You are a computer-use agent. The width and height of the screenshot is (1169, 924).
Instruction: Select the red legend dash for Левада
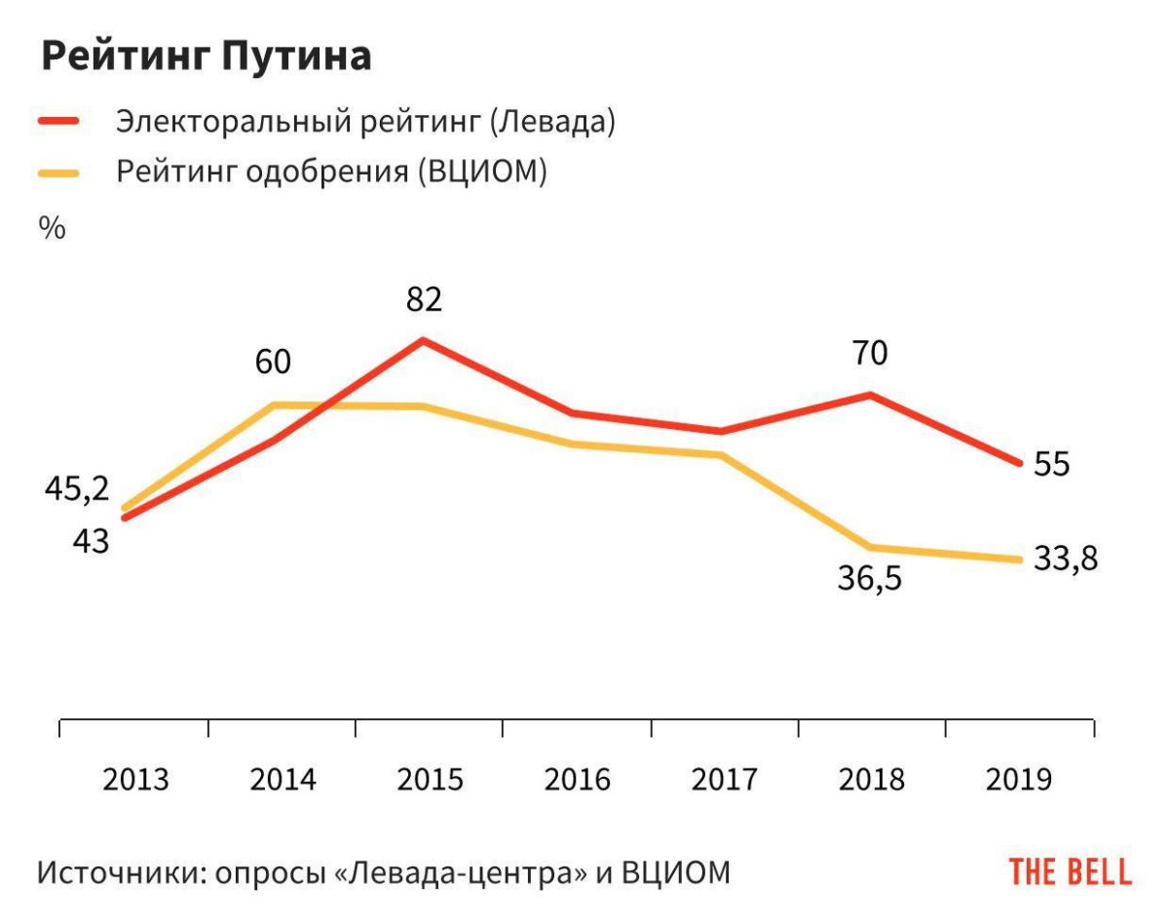pos(59,122)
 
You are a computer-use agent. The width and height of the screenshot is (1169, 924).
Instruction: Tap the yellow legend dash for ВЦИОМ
pos(59,173)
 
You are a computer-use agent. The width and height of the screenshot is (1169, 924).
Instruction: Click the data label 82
pos(424,299)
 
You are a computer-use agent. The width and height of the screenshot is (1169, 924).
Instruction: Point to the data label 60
pos(273,363)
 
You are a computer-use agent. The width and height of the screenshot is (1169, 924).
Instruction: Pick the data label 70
pos(870,353)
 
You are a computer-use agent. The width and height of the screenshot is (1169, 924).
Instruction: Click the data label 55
pos(1051,464)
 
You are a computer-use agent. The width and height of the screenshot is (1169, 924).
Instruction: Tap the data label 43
pos(91,541)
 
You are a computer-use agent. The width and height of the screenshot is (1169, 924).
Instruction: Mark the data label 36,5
pos(869,579)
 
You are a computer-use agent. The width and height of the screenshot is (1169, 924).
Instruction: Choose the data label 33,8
pos(1065,558)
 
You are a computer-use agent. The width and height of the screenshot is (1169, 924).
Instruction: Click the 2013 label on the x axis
pos(135,780)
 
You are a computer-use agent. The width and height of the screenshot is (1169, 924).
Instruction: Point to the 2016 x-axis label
pos(577,780)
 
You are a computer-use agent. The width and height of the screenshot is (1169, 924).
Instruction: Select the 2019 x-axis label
pos(1019,780)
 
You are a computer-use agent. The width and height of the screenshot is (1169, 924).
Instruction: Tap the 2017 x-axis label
pos(725,780)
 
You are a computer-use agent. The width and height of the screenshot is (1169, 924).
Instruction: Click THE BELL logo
pos(1070,871)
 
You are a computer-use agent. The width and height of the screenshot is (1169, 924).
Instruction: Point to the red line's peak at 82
pos(423,340)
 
